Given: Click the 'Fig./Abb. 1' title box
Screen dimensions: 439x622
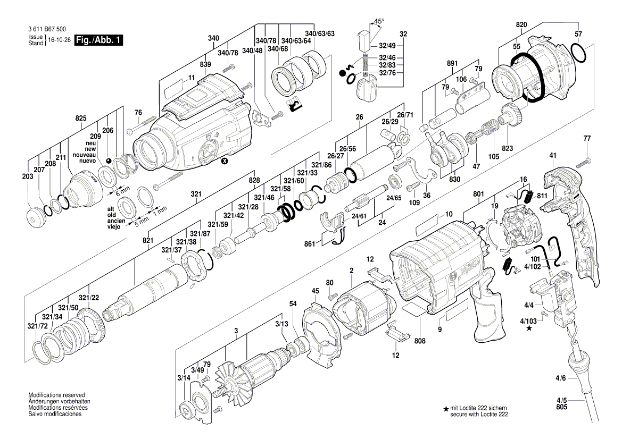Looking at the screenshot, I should coord(99,40).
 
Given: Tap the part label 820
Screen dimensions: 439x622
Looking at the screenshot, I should coord(521,24).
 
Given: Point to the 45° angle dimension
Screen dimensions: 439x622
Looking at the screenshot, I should coord(378,22).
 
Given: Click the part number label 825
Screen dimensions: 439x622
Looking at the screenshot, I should coord(80,117).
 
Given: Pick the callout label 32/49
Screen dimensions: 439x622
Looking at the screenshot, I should coord(387,46).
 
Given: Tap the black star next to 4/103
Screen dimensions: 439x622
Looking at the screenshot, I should coord(529,329).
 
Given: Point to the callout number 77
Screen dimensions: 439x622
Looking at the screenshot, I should coord(587,138).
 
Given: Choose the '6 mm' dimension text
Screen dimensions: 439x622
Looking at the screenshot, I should coord(123,189).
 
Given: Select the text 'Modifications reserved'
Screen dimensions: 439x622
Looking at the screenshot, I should coord(56,396).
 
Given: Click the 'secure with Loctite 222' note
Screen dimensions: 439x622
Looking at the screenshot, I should coord(478,414).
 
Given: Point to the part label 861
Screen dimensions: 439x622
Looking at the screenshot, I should coord(311,244).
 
